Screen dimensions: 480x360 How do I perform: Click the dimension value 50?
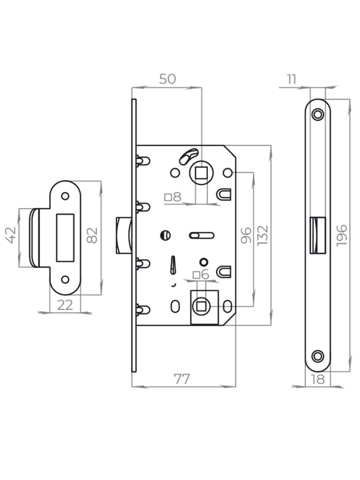coord(167,79)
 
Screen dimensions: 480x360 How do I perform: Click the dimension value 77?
coord(181,379)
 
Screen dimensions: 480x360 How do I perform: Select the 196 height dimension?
coord(342,235)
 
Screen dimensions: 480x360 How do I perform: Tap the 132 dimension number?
coord(263,235)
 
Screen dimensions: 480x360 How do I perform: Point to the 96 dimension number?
coord(246,235)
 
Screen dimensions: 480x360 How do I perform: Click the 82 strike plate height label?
coord(93,235)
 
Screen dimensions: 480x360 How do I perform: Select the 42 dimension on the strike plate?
coord(11,235)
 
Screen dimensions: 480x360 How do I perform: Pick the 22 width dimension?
coord(65,305)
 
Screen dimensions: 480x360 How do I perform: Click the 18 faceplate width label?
coord(318,379)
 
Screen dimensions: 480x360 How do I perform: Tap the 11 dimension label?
coord(291,79)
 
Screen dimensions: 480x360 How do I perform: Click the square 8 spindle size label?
coord(173,197)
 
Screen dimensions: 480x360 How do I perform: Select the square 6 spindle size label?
coord(201,275)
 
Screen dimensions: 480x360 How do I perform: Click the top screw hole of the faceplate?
coord(318,115)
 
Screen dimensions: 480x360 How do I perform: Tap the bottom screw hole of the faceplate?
coord(318,356)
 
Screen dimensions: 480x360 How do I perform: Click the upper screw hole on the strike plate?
coord(65,196)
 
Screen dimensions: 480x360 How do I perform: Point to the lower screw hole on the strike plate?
coord(65,279)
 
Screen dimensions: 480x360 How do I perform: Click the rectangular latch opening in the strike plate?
coord(65,238)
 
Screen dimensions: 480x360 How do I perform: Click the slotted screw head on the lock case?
coord(165,235)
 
